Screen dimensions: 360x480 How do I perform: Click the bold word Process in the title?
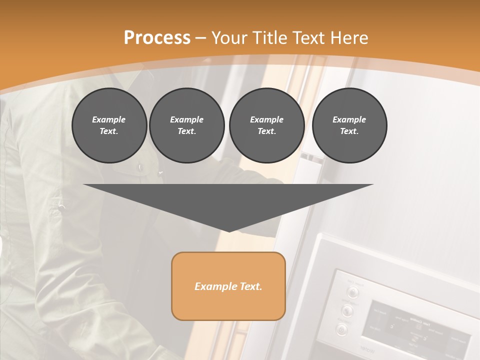157,38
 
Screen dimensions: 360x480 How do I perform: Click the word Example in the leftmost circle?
109,119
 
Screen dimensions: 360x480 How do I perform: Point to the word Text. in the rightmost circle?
349,131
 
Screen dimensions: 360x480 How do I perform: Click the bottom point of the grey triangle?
229,231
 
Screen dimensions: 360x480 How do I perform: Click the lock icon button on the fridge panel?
341,329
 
